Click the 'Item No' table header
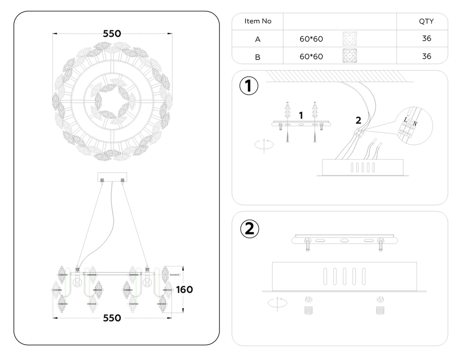tap(257, 21)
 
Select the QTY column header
tap(426, 21)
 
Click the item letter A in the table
tap(257, 39)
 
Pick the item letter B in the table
tap(257, 57)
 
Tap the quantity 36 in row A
tap(426, 38)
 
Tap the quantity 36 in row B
tap(426, 56)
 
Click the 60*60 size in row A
tap(311, 39)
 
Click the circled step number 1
tap(249, 87)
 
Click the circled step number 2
tap(249, 229)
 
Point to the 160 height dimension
tap(184, 290)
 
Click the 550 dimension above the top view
tap(112, 34)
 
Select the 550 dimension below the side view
tap(112, 318)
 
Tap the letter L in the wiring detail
tap(406, 120)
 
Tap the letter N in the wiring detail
tap(414, 123)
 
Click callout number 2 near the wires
tap(358, 120)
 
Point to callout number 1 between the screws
tap(301, 114)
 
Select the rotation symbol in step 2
tap(277, 304)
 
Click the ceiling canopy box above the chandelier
tap(112, 177)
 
